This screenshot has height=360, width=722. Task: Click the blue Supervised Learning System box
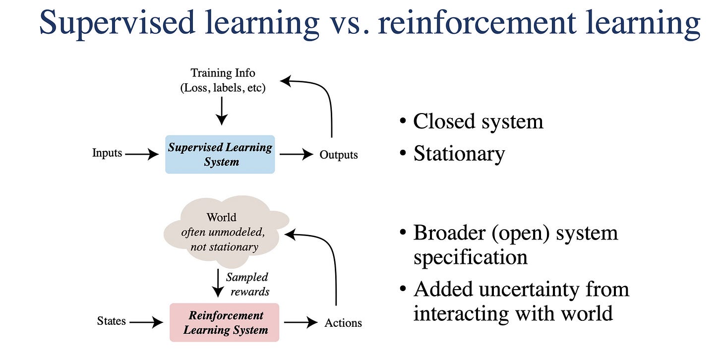[x=220, y=154]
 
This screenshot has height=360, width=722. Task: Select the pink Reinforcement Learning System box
[x=224, y=322]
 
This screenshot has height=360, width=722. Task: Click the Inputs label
[x=107, y=154]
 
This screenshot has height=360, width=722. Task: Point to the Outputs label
[x=338, y=155]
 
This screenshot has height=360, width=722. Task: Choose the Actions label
[x=343, y=323]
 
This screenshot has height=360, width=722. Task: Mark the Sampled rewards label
[x=247, y=284]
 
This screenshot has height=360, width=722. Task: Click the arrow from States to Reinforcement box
[x=146, y=322]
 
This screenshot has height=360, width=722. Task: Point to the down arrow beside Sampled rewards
[x=217, y=283]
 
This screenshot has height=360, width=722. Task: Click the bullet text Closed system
[x=478, y=121]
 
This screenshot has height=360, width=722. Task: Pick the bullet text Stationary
[x=459, y=154]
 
